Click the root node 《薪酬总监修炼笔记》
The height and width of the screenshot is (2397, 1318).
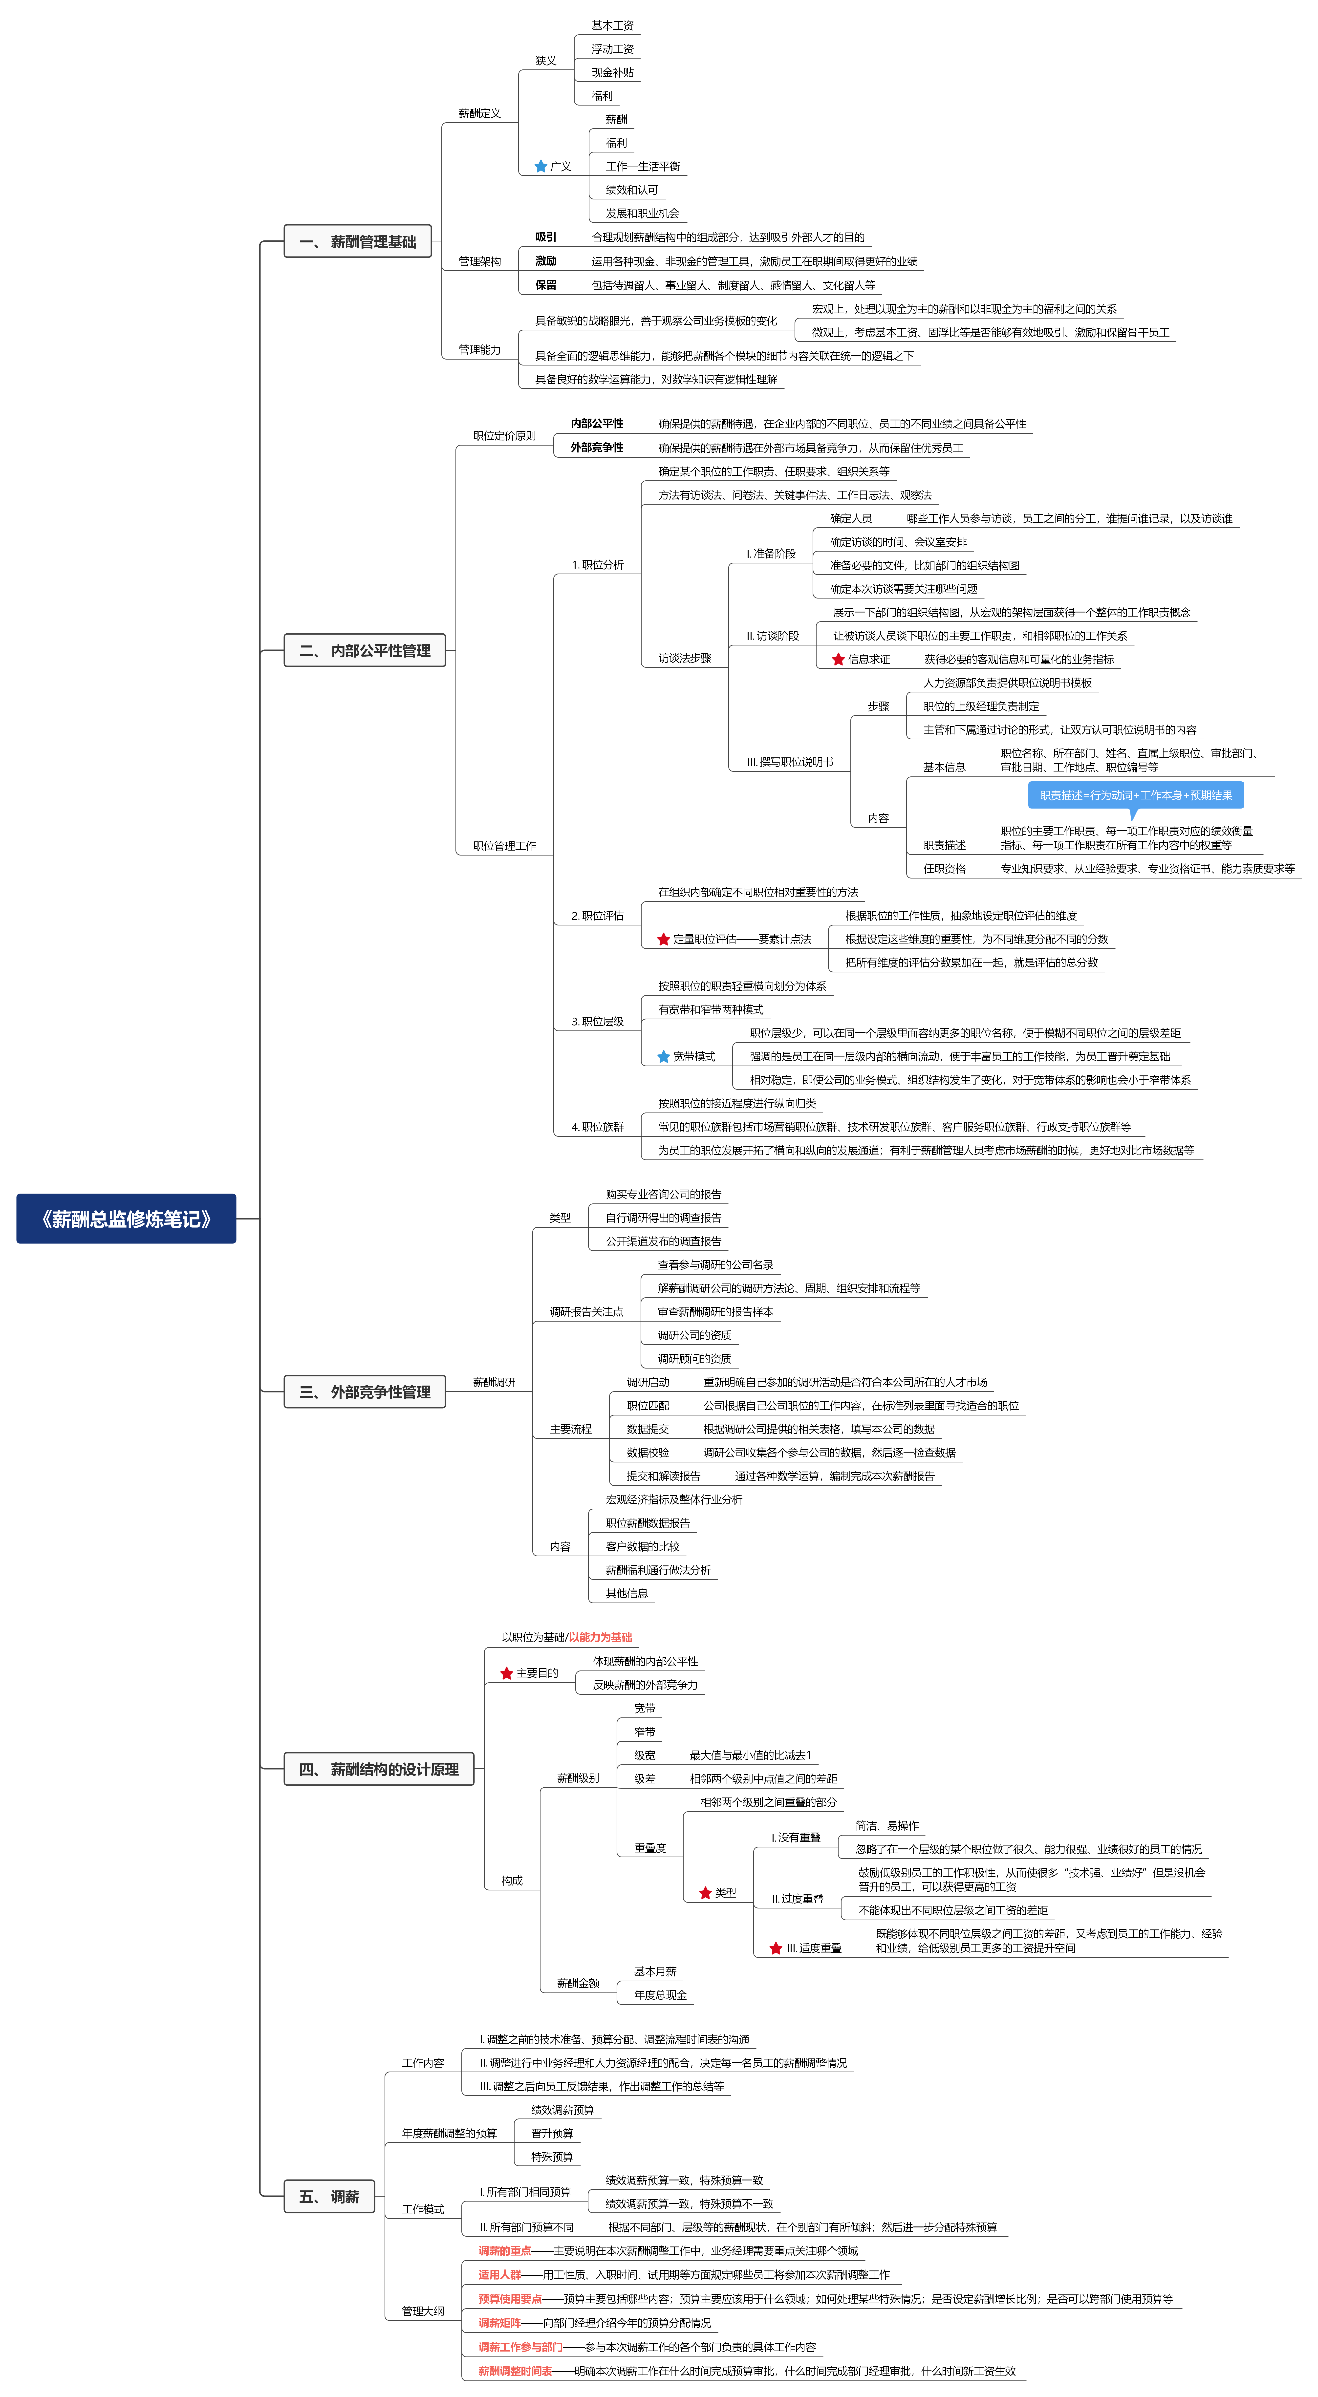126,1218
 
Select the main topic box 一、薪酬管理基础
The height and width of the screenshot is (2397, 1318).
357,241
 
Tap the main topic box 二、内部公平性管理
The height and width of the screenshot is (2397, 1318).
365,650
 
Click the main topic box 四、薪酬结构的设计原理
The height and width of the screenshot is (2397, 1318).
379,1769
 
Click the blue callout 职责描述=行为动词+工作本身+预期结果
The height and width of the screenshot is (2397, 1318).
1136,796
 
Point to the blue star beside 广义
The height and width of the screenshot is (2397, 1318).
541,167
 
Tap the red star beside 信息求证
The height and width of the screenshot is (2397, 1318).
838,659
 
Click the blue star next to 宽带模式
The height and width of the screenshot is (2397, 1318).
664,1056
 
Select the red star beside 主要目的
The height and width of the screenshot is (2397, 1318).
506,1673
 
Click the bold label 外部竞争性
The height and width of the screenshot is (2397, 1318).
597,448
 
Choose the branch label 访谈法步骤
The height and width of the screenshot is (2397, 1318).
685,658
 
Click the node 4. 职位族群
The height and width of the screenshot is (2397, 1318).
598,1127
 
